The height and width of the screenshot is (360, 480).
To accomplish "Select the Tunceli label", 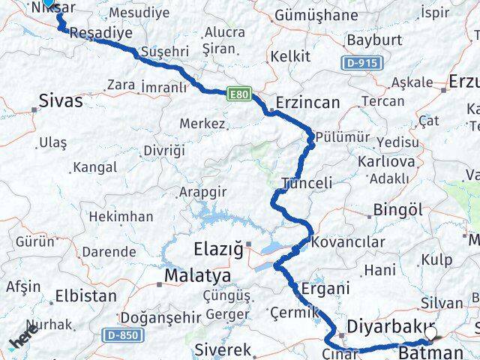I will pyautogui.click(x=307, y=182).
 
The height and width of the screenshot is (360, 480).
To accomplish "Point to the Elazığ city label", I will pyautogui.click(x=217, y=248).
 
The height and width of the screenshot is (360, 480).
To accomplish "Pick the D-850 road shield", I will pyautogui.click(x=121, y=335).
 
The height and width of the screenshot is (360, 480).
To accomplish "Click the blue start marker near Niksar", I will pyautogui.click(x=48, y=3).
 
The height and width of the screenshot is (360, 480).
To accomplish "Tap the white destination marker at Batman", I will pyautogui.click(x=430, y=331).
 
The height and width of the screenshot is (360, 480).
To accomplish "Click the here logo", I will pyautogui.click(x=22, y=337).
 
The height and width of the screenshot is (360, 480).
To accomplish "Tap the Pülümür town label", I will pyautogui.click(x=343, y=136).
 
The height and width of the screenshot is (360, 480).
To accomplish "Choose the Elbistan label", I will pyautogui.click(x=85, y=295).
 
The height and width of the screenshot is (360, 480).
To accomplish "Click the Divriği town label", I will pyautogui.click(x=163, y=150).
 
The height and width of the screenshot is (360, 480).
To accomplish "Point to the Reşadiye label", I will pyautogui.click(x=100, y=33).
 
